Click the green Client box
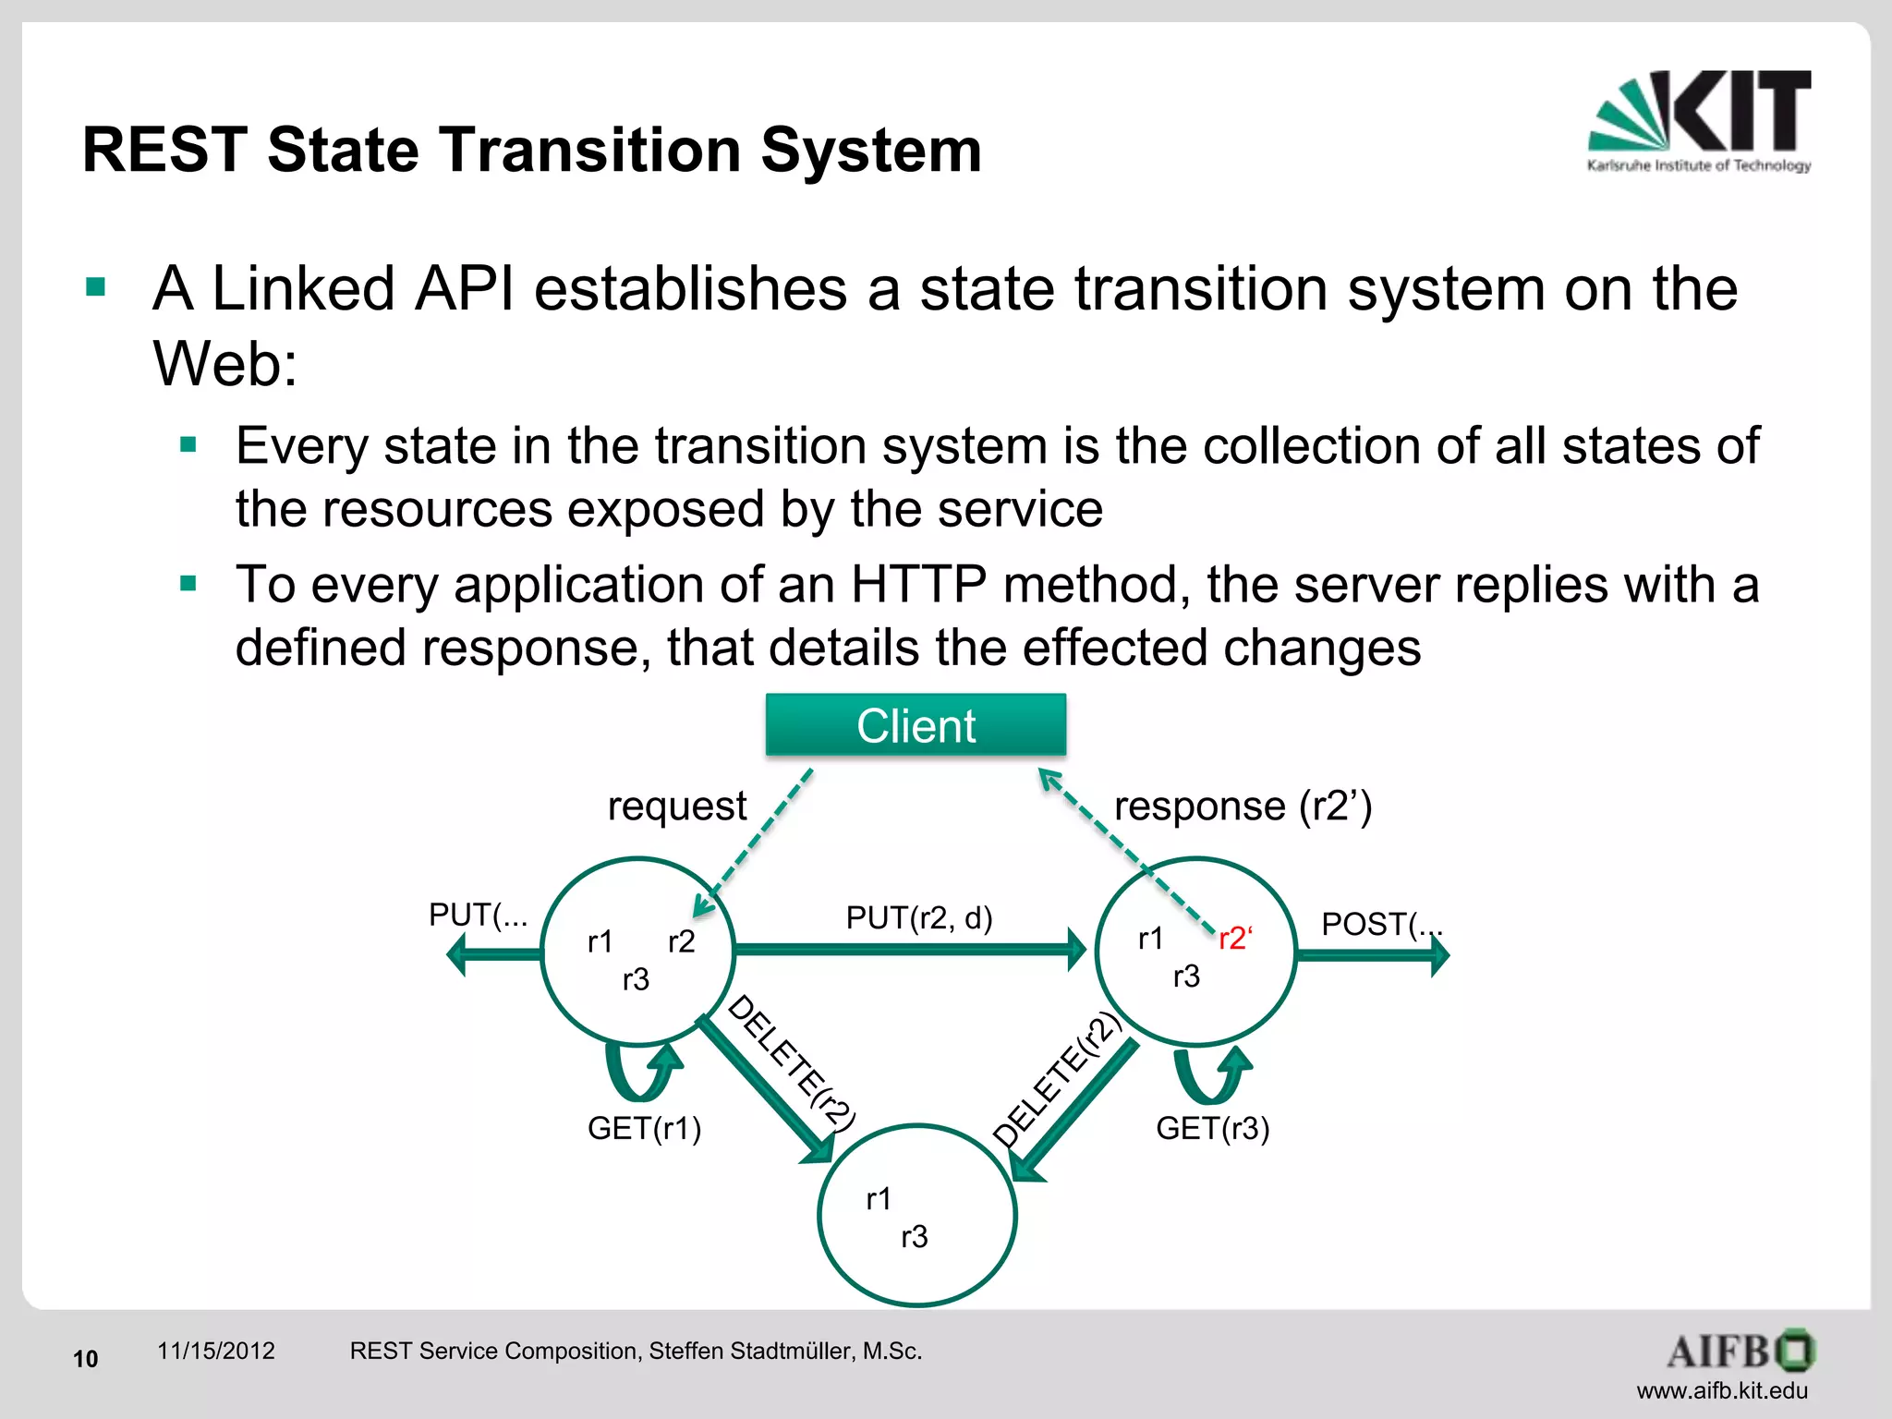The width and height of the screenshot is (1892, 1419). [916, 725]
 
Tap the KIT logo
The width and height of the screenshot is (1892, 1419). [1700, 120]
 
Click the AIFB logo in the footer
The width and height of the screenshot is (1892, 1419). [1740, 1351]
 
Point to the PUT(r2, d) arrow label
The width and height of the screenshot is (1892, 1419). [919, 918]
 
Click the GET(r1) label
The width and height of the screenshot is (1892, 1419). [645, 1128]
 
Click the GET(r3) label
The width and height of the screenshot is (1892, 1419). [1213, 1128]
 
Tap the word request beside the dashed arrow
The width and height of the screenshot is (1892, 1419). [676, 807]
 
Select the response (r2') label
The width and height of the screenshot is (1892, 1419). [1243, 807]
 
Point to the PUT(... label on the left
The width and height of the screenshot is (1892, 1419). [478, 915]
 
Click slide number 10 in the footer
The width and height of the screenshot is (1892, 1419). [85, 1359]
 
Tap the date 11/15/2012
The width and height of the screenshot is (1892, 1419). [216, 1351]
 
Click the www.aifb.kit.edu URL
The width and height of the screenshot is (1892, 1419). [1722, 1390]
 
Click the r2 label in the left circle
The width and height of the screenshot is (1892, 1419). [681, 941]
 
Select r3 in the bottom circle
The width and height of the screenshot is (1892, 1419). [914, 1237]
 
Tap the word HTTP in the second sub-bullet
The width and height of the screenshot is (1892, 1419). [918, 585]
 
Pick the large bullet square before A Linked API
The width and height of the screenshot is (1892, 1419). [96, 287]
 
